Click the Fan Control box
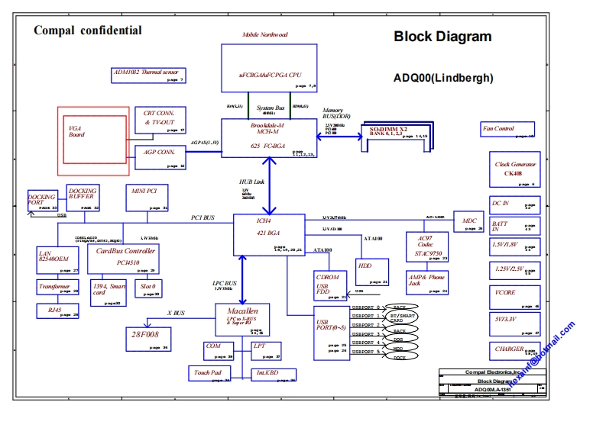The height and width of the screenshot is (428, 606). [507, 130]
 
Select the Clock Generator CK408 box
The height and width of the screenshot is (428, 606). [514, 170]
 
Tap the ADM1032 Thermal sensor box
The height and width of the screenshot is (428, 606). [149, 76]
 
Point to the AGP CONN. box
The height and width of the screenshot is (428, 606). [159, 156]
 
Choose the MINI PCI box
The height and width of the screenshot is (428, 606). [147, 198]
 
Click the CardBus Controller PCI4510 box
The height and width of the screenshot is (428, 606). [125, 258]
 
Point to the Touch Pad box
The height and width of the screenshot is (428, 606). [209, 373]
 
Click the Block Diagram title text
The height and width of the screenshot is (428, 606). [442, 37]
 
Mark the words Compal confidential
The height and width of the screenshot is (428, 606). [88, 31]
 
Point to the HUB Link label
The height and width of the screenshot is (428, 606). [252, 182]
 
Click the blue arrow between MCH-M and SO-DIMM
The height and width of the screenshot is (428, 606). [340, 137]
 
